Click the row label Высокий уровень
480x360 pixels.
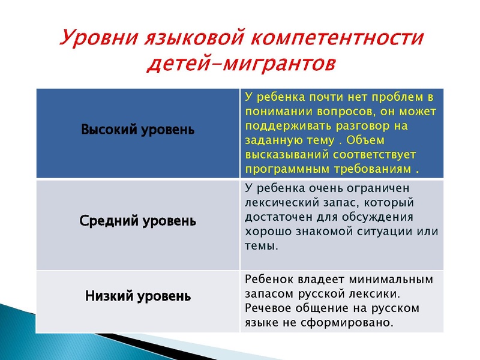[137, 130]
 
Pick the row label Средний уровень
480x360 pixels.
[137, 221]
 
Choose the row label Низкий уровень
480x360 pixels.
[137, 296]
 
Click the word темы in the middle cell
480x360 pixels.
[262, 246]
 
